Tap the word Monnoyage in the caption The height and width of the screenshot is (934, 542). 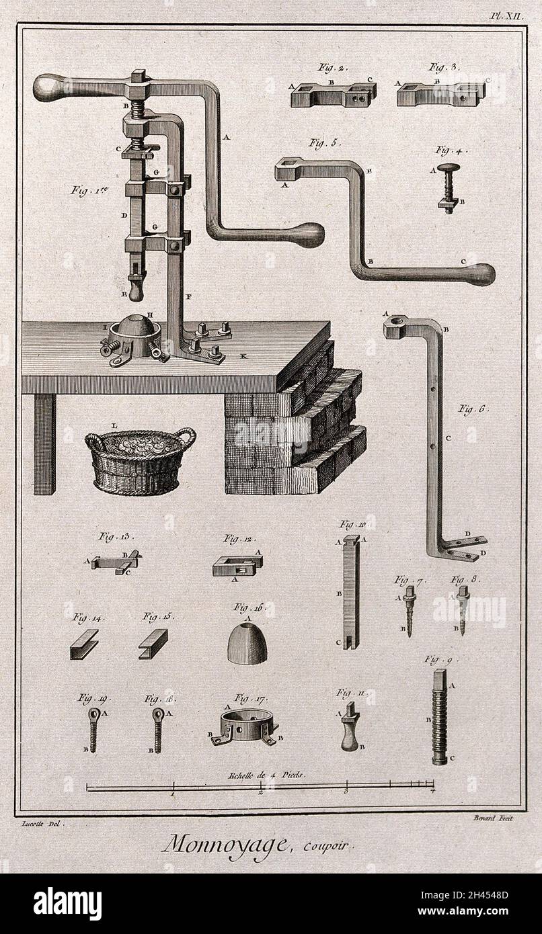tap(225, 843)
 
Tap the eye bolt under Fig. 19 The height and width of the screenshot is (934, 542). tap(93, 728)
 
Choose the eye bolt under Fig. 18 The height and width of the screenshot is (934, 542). tap(157, 728)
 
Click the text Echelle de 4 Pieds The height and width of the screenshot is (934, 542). tap(266, 774)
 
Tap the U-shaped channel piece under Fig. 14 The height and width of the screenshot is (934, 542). tap(83, 644)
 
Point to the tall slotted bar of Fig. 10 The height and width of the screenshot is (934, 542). tap(350, 591)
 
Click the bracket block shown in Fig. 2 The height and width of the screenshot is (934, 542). tap(332, 95)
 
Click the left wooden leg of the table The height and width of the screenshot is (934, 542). tap(45, 443)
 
